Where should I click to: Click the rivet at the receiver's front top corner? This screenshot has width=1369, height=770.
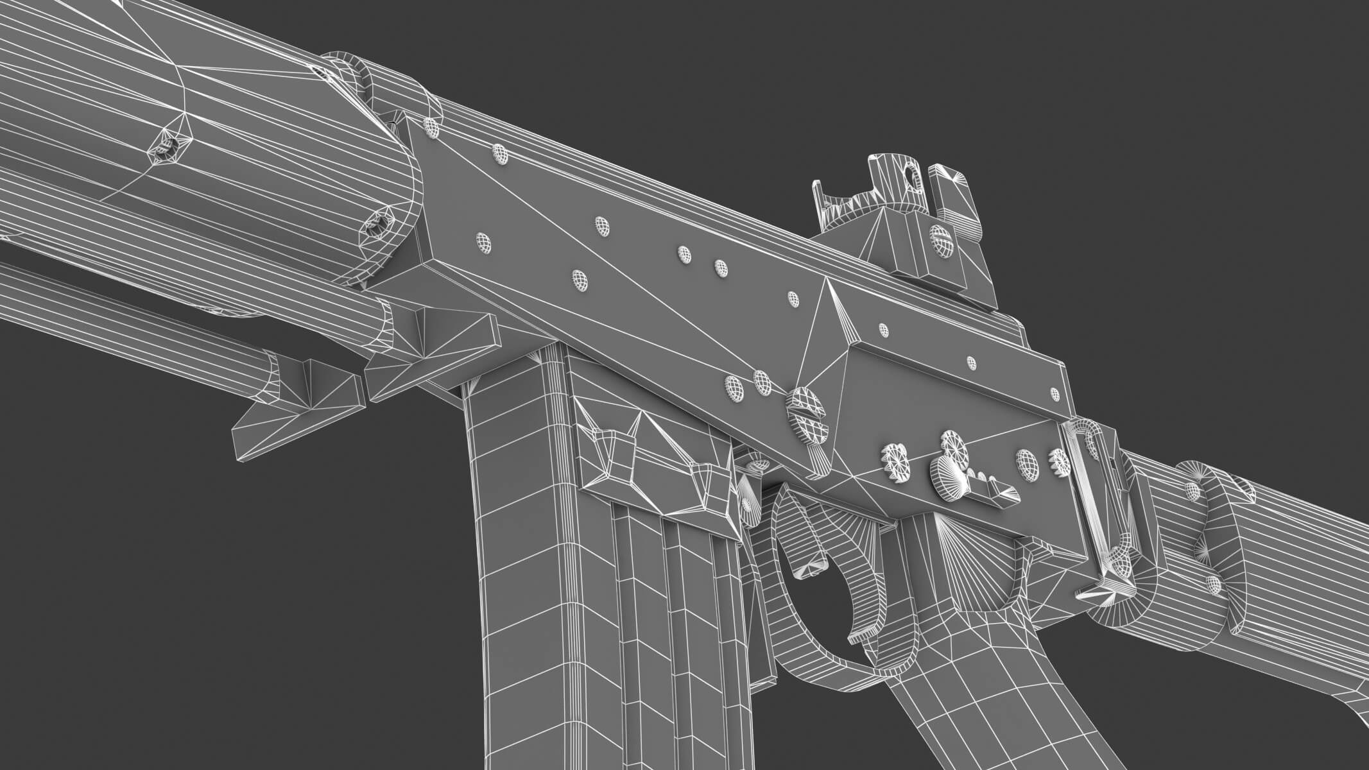[x=432, y=127]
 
